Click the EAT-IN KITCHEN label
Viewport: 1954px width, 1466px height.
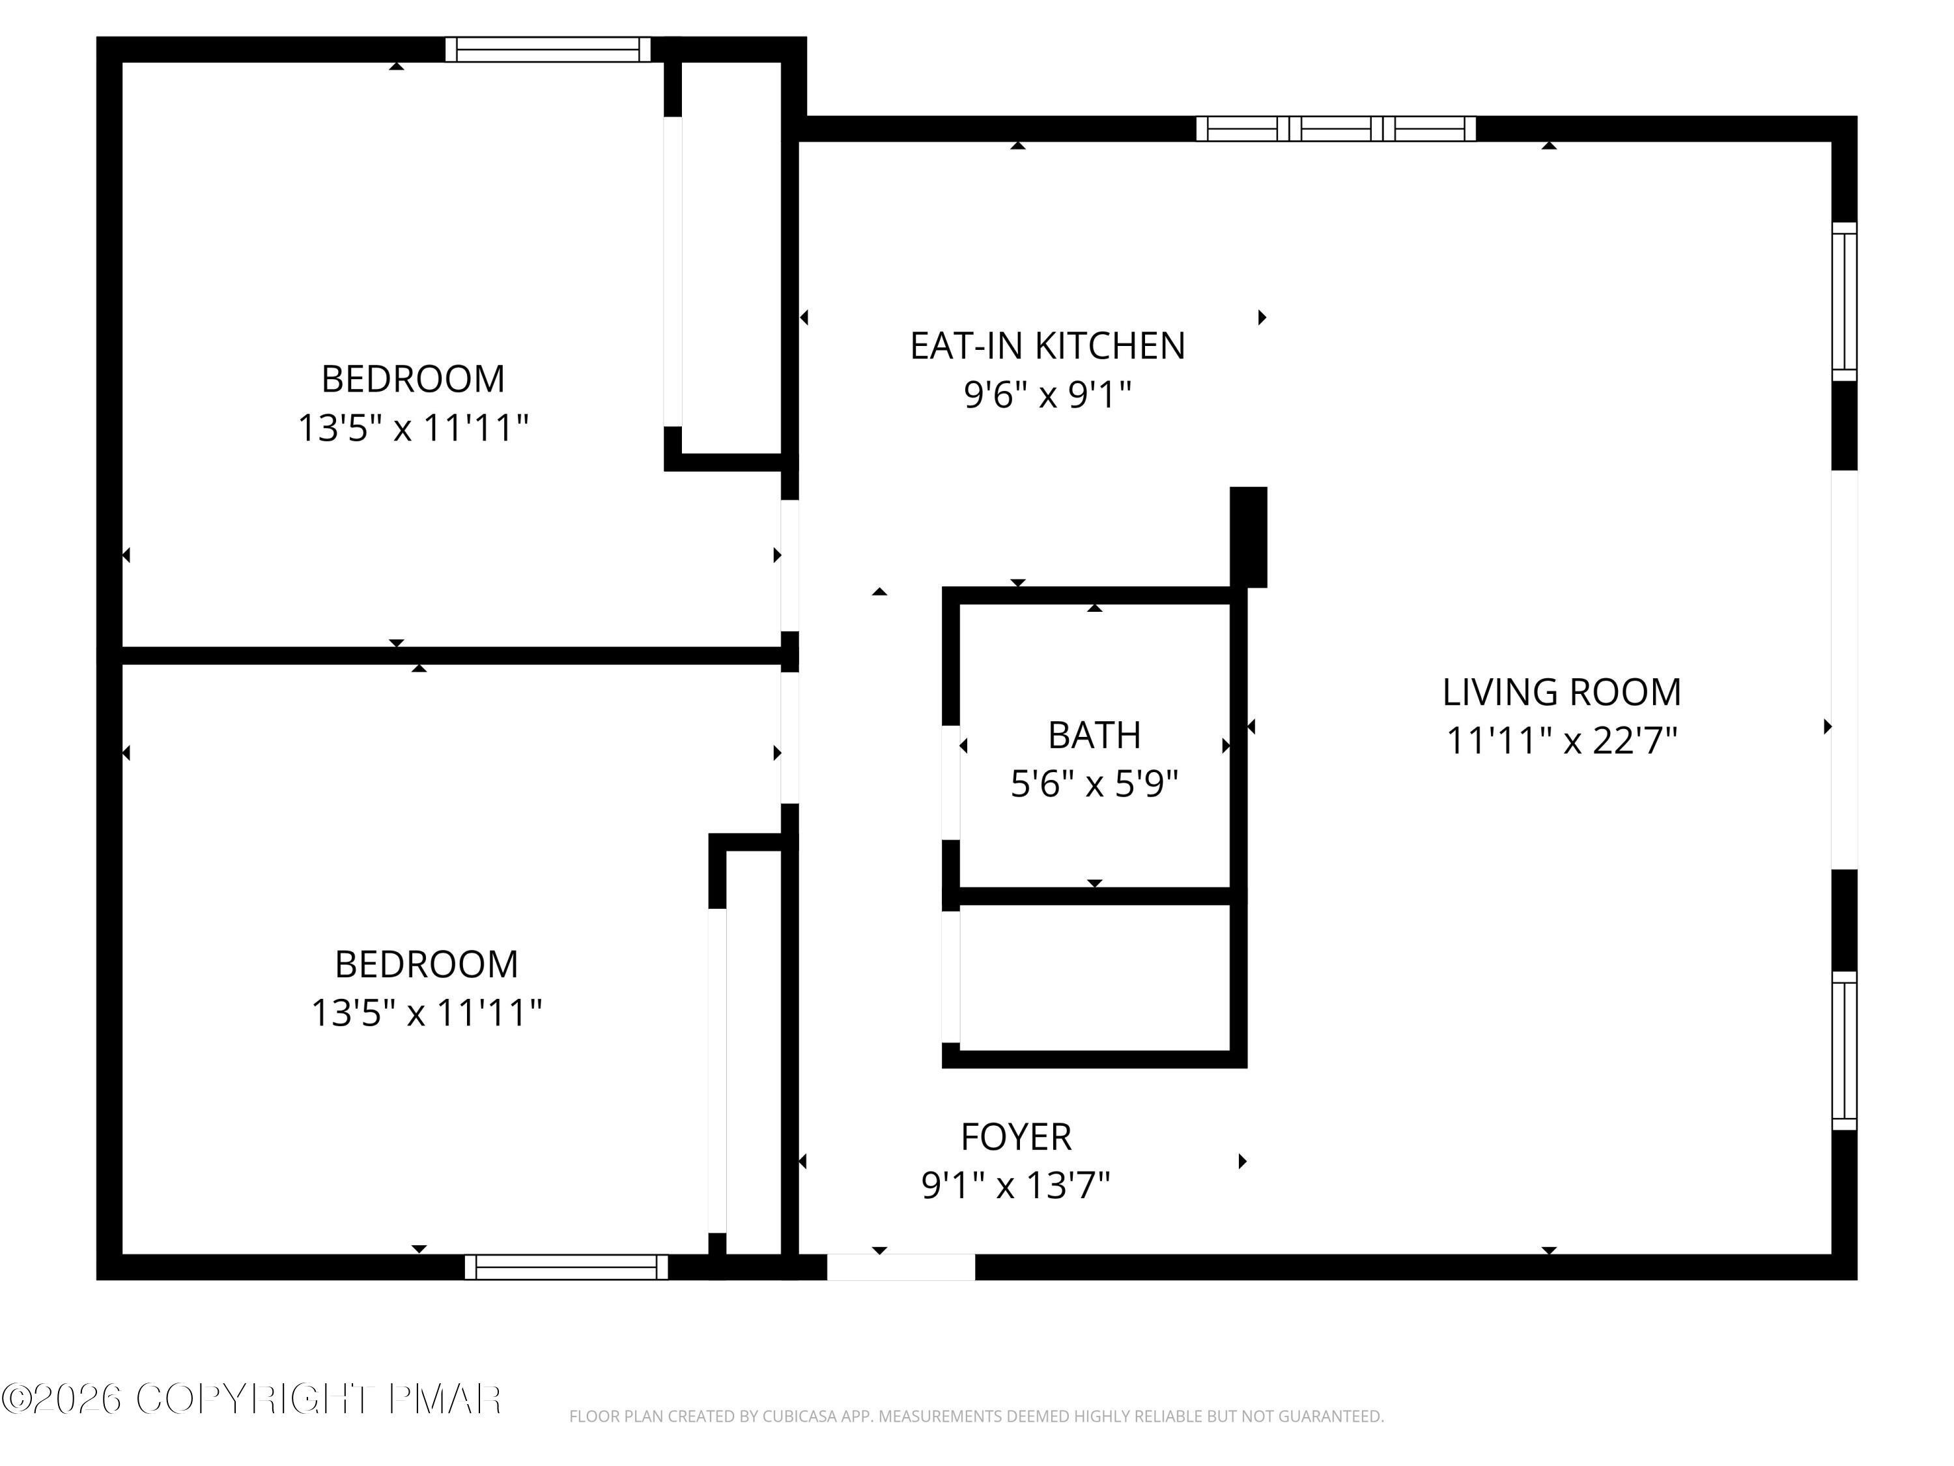click(1047, 345)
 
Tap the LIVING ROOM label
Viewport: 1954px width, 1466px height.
click(1561, 692)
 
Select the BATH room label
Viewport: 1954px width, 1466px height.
click(1094, 735)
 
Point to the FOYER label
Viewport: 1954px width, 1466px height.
click(1016, 1136)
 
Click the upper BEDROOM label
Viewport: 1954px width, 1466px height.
click(412, 379)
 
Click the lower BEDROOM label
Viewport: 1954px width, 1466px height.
click(426, 964)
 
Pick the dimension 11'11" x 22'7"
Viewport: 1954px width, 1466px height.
click(1561, 741)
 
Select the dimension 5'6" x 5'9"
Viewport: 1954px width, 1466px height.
click(1094, 784)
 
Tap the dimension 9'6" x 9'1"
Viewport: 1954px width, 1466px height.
click(1047, 395)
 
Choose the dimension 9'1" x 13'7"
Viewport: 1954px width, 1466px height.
click(1016, 1185)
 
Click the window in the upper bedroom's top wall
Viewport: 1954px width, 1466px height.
click(548, 50)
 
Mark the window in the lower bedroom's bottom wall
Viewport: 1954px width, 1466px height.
click(566, 1267)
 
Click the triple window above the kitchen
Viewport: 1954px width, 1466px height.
click(1336, 129)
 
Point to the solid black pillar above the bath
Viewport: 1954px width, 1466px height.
click(1248, 536)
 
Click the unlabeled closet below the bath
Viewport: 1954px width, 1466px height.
click(1094, 978)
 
